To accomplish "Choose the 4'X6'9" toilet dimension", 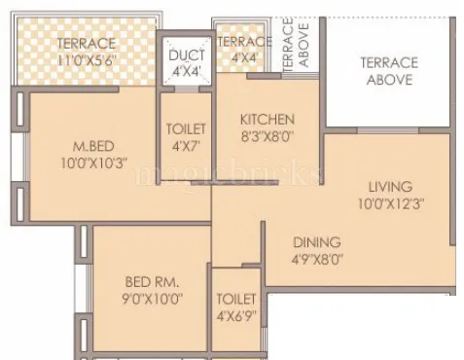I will click(x=236, y=316).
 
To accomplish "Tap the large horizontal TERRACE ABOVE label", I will click(x=389, y=70).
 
